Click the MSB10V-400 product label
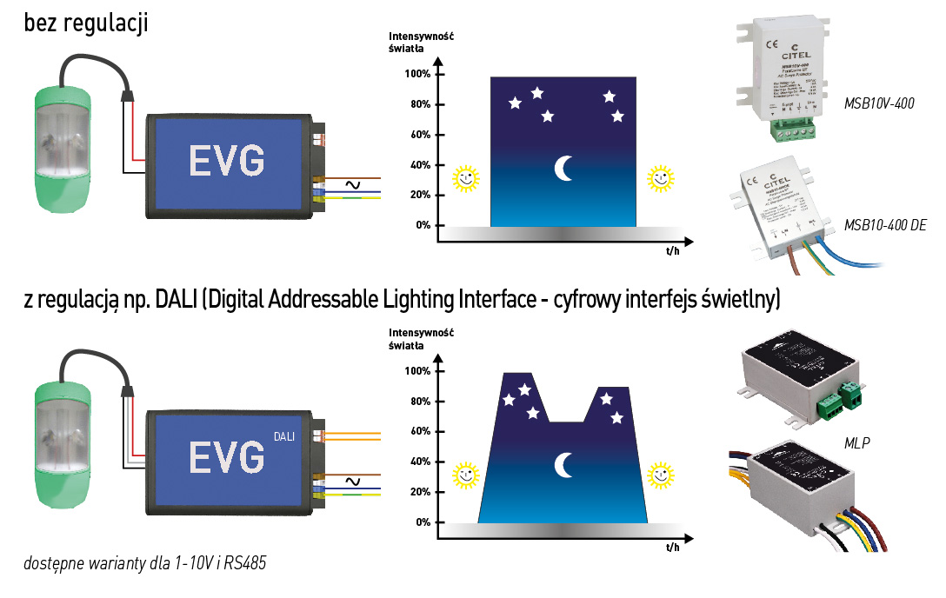(x=879, y=103)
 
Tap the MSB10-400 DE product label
(x=885, y=225)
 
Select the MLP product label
(x=857, y=443)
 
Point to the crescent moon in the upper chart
(x=565, y=168)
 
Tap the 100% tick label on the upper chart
(x=418, y=75)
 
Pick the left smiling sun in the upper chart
(x=465, y=178)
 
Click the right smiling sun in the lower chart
(x=662, y=475)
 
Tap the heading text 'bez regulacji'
(x=87, y=23)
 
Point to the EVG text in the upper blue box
(x=226, y=160)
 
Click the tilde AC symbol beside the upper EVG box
(x=354, y=184)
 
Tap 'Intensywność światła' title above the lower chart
(x=422, y=339)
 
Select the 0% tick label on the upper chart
(x=423, y=225)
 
